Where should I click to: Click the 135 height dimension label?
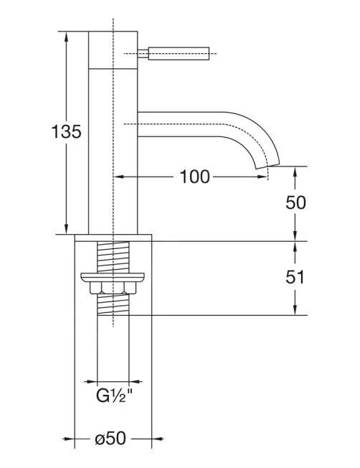(67, 132)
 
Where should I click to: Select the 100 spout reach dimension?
(194, 177)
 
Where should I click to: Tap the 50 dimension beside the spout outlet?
(295, 202)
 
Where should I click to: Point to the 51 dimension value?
(295, 278)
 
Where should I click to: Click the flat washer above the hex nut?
(113, 277)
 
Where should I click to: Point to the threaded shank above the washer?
(113, 256)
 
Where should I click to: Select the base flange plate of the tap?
(113, 237)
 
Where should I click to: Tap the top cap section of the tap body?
(113, 49)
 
